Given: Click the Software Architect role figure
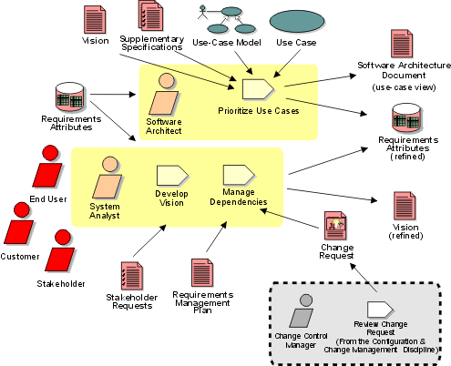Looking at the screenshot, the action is click(x=164, y=94).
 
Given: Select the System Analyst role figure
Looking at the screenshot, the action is click(x=108, y=178).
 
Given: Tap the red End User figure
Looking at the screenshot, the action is click(x=48, y=166).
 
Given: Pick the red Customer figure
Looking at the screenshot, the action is click(x=19, y=223).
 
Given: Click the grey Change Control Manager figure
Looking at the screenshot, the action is click(x=302, y=310).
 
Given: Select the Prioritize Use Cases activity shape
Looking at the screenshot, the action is click(x=259, y=89).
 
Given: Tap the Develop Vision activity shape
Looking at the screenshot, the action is click(x=172, y=176).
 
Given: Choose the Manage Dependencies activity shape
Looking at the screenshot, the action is click(x=239, y=175).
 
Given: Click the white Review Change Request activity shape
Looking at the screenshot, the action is click(x=380, y=310).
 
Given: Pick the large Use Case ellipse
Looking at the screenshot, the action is click(x=297, y=22).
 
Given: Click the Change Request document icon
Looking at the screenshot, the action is click(x=335, y=226).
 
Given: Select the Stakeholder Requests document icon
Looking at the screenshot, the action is click(x=132, y=276).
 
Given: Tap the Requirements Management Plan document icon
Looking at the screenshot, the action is click(x=202, y=273).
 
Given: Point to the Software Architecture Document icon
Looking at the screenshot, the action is click(x=402, y=44).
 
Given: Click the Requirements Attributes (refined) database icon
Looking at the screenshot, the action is click(x=407, y=118).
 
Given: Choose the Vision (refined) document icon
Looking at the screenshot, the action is click(x=405, y=206).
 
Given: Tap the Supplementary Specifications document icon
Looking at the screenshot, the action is click(x=150, y=15).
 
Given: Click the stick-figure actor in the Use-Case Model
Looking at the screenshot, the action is click(x=202, y=12).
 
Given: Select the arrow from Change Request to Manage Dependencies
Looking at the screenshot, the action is click(x=290, y=219).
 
